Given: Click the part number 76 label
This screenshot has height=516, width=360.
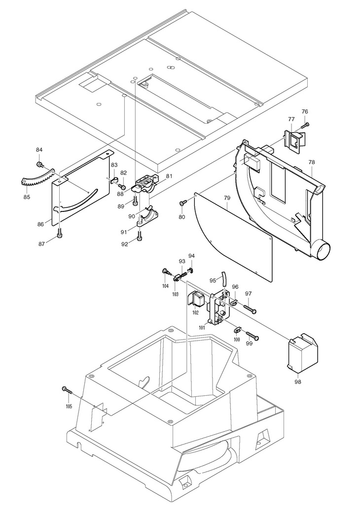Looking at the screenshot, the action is click(305, 111).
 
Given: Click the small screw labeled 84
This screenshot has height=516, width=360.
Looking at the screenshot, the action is click(39, 164).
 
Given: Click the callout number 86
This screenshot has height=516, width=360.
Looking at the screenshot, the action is click(40, 224).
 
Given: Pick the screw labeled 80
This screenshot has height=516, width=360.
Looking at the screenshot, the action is click(183, 204).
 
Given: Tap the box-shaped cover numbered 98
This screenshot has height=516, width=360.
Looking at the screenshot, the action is click(303, 353).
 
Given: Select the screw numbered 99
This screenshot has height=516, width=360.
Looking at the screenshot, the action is click(252, 335).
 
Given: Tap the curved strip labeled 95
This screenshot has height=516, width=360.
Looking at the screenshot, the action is click(223, 279).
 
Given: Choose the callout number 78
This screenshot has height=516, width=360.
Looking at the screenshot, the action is click(312, 162).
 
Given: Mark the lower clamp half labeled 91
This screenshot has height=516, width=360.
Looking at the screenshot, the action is click(148, 217).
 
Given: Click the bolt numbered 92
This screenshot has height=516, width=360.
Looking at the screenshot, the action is click(140, 235).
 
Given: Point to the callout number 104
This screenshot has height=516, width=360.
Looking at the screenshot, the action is click(165, 286).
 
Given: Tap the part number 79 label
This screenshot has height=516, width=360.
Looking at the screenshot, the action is click(227, 198).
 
